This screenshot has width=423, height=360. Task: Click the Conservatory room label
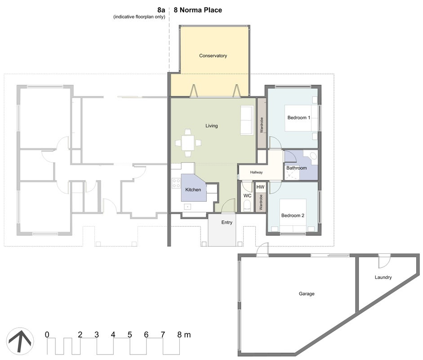pyautogui.click(x=213, y=56)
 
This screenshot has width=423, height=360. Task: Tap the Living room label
pyautogui.click(x=211, y=126)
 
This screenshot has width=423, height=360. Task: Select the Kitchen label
pyautogui.click(x=193, y=189)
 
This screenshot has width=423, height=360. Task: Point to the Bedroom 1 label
pyautogui.click(x=298, y=117)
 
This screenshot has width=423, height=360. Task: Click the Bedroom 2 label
pyautogui.click(x=293, y=215)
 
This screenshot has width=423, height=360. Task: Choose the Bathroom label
pyautogui.click(x=297, y=168)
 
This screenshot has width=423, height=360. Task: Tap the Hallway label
pyautogui.click(x=256, y=172)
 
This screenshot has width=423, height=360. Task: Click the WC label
pyautogui.click(x=247, y=196)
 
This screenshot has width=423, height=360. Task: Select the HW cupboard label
pyautogui.click(x=260, y=187)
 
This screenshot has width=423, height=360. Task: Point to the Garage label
pyautogui.click(x=307, y=293)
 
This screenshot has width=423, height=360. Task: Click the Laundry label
pyautogui.click(x=383, y=277)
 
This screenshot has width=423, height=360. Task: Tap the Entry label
pyautogui.click(x=227, y=222)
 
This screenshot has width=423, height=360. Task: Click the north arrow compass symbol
pyautogui.click(x=20, y=341)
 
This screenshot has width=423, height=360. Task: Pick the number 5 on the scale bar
pyautogui.click(x=130, y=335)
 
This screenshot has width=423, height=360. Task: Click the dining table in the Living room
pyautogui.click(x=188, y=143)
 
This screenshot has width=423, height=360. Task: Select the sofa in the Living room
pyautogui.click(x=247, y=120)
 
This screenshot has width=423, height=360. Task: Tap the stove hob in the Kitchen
pyautogui.click(x=176, y=183)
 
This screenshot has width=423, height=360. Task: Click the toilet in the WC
pyautogui.click(x=247, y=206)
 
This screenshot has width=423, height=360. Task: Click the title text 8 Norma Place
pyautogui.click(x=198, y=10)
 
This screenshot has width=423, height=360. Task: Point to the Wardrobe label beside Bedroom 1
pyautogui.click(x=262, y=125)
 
